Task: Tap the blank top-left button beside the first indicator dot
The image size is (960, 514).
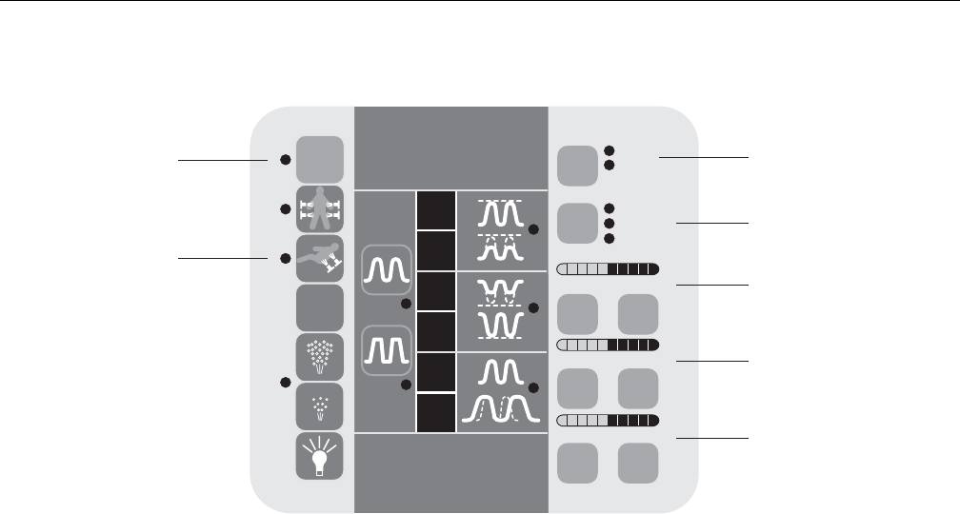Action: pyautogui.click(x=320, y=159)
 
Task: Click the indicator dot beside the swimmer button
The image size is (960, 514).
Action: pyautogui.click(x=285, y=258)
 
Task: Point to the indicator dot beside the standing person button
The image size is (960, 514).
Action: pyautogui.click(x=285, y=208)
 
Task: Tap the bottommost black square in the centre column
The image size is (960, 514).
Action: pyautogui.click(x=434, y=412)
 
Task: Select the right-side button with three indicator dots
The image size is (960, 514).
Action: pyautogui.click(x=575, y=223)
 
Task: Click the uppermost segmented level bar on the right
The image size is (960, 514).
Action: pyautogui.click(x=608, y=267)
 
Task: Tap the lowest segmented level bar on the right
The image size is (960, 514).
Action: pyautogui.click(x=608, y=420)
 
